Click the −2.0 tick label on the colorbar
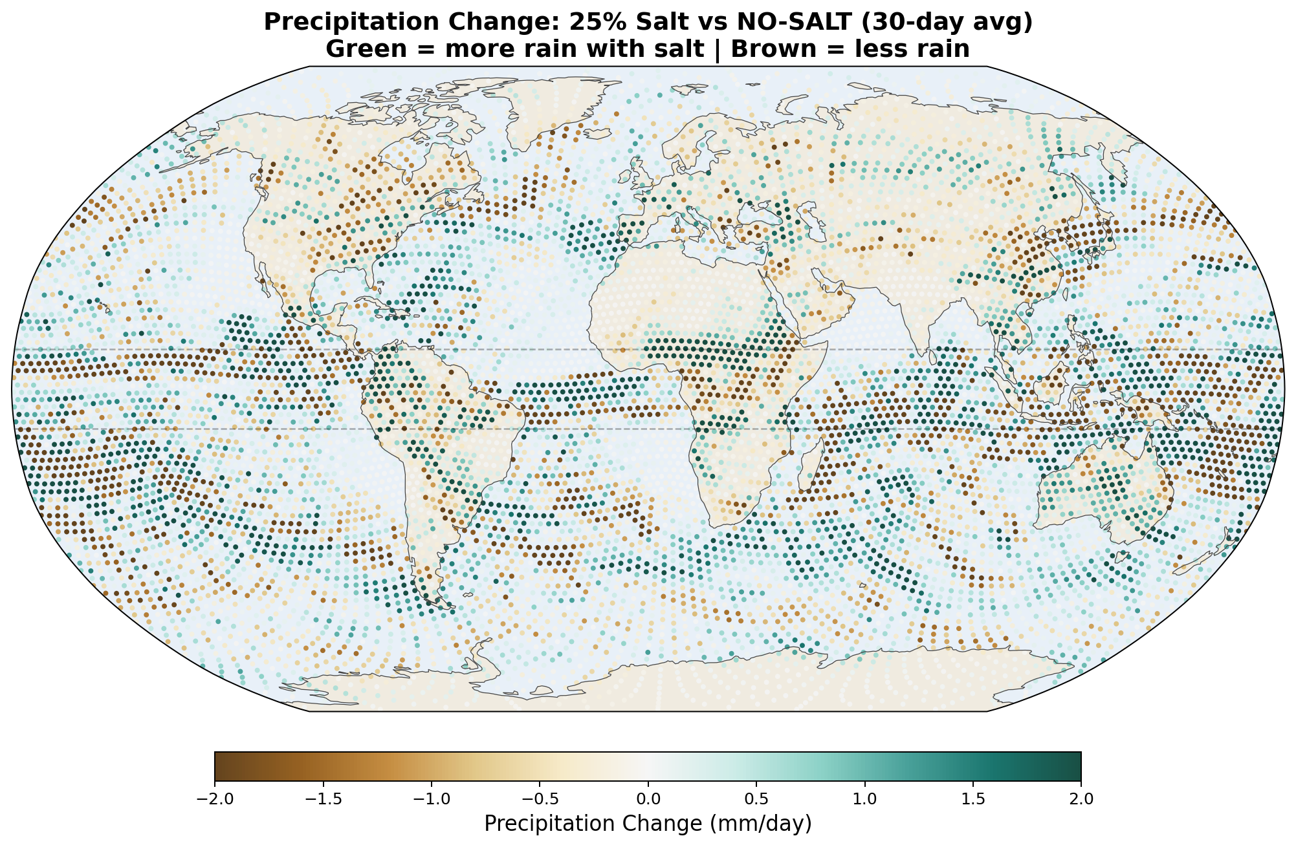(x=214, y=799)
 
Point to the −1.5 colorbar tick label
(x=323, y=799)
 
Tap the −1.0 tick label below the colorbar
(x=431, y=799)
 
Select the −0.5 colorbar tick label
(x=540, y=799)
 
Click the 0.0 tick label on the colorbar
(x=648, y=799)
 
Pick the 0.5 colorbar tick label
(x=756, y=799)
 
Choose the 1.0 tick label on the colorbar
(x=864, y=799)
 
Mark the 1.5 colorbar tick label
(x=973, y=799)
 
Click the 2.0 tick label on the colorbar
(x=1081, y=799)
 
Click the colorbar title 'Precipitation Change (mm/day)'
(x=648, y=824)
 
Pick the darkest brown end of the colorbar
(x=220, y=766)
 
